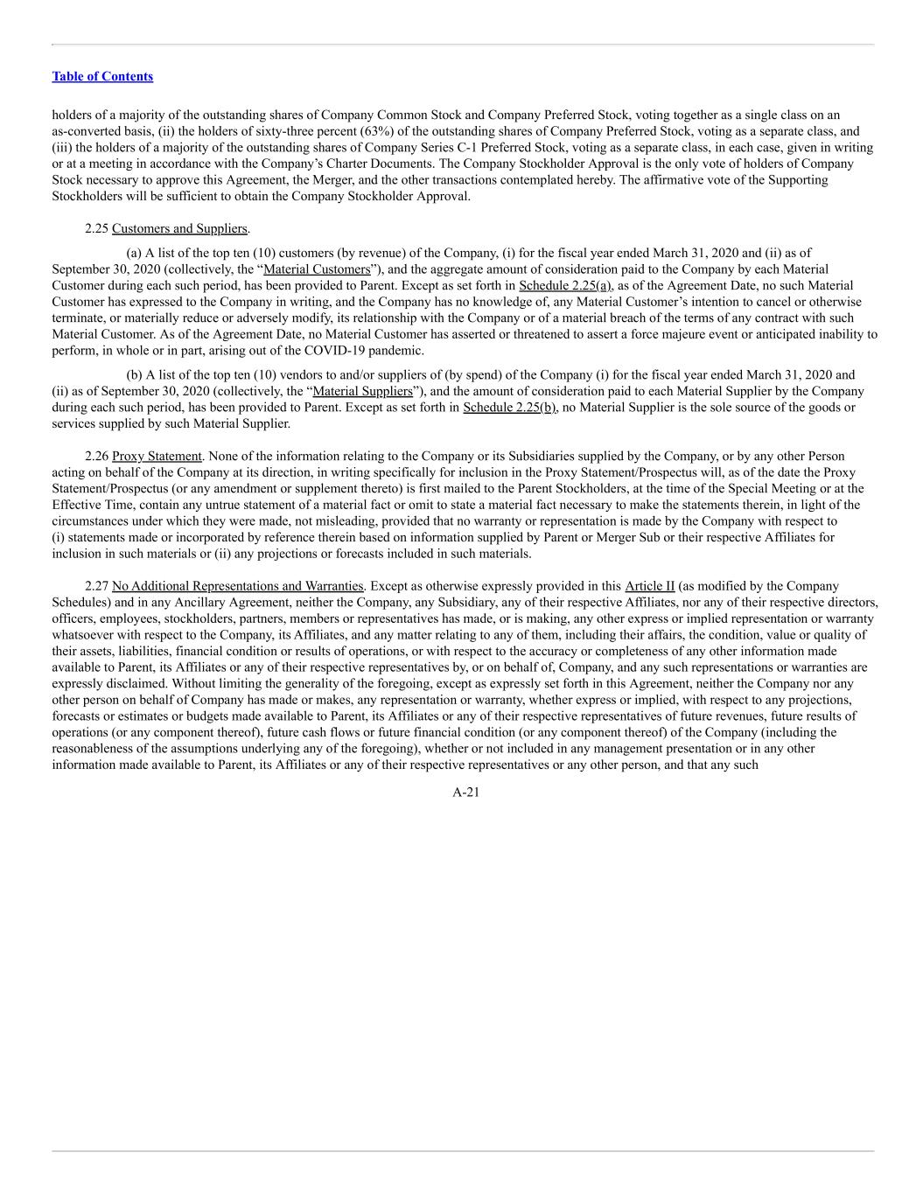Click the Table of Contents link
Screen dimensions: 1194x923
click(102, 77)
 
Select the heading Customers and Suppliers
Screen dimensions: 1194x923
click(179, 228)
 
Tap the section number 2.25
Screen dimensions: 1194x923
click(96, 228)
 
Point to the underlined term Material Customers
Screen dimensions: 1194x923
click(317, 269)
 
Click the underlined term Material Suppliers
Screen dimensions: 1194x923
click(362, 391)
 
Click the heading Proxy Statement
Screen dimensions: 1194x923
click(157, 457)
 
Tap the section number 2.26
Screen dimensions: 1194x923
click(96, 457)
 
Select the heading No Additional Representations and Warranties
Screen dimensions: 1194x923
click(238, 586)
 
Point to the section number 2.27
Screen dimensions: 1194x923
click(96, 586)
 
